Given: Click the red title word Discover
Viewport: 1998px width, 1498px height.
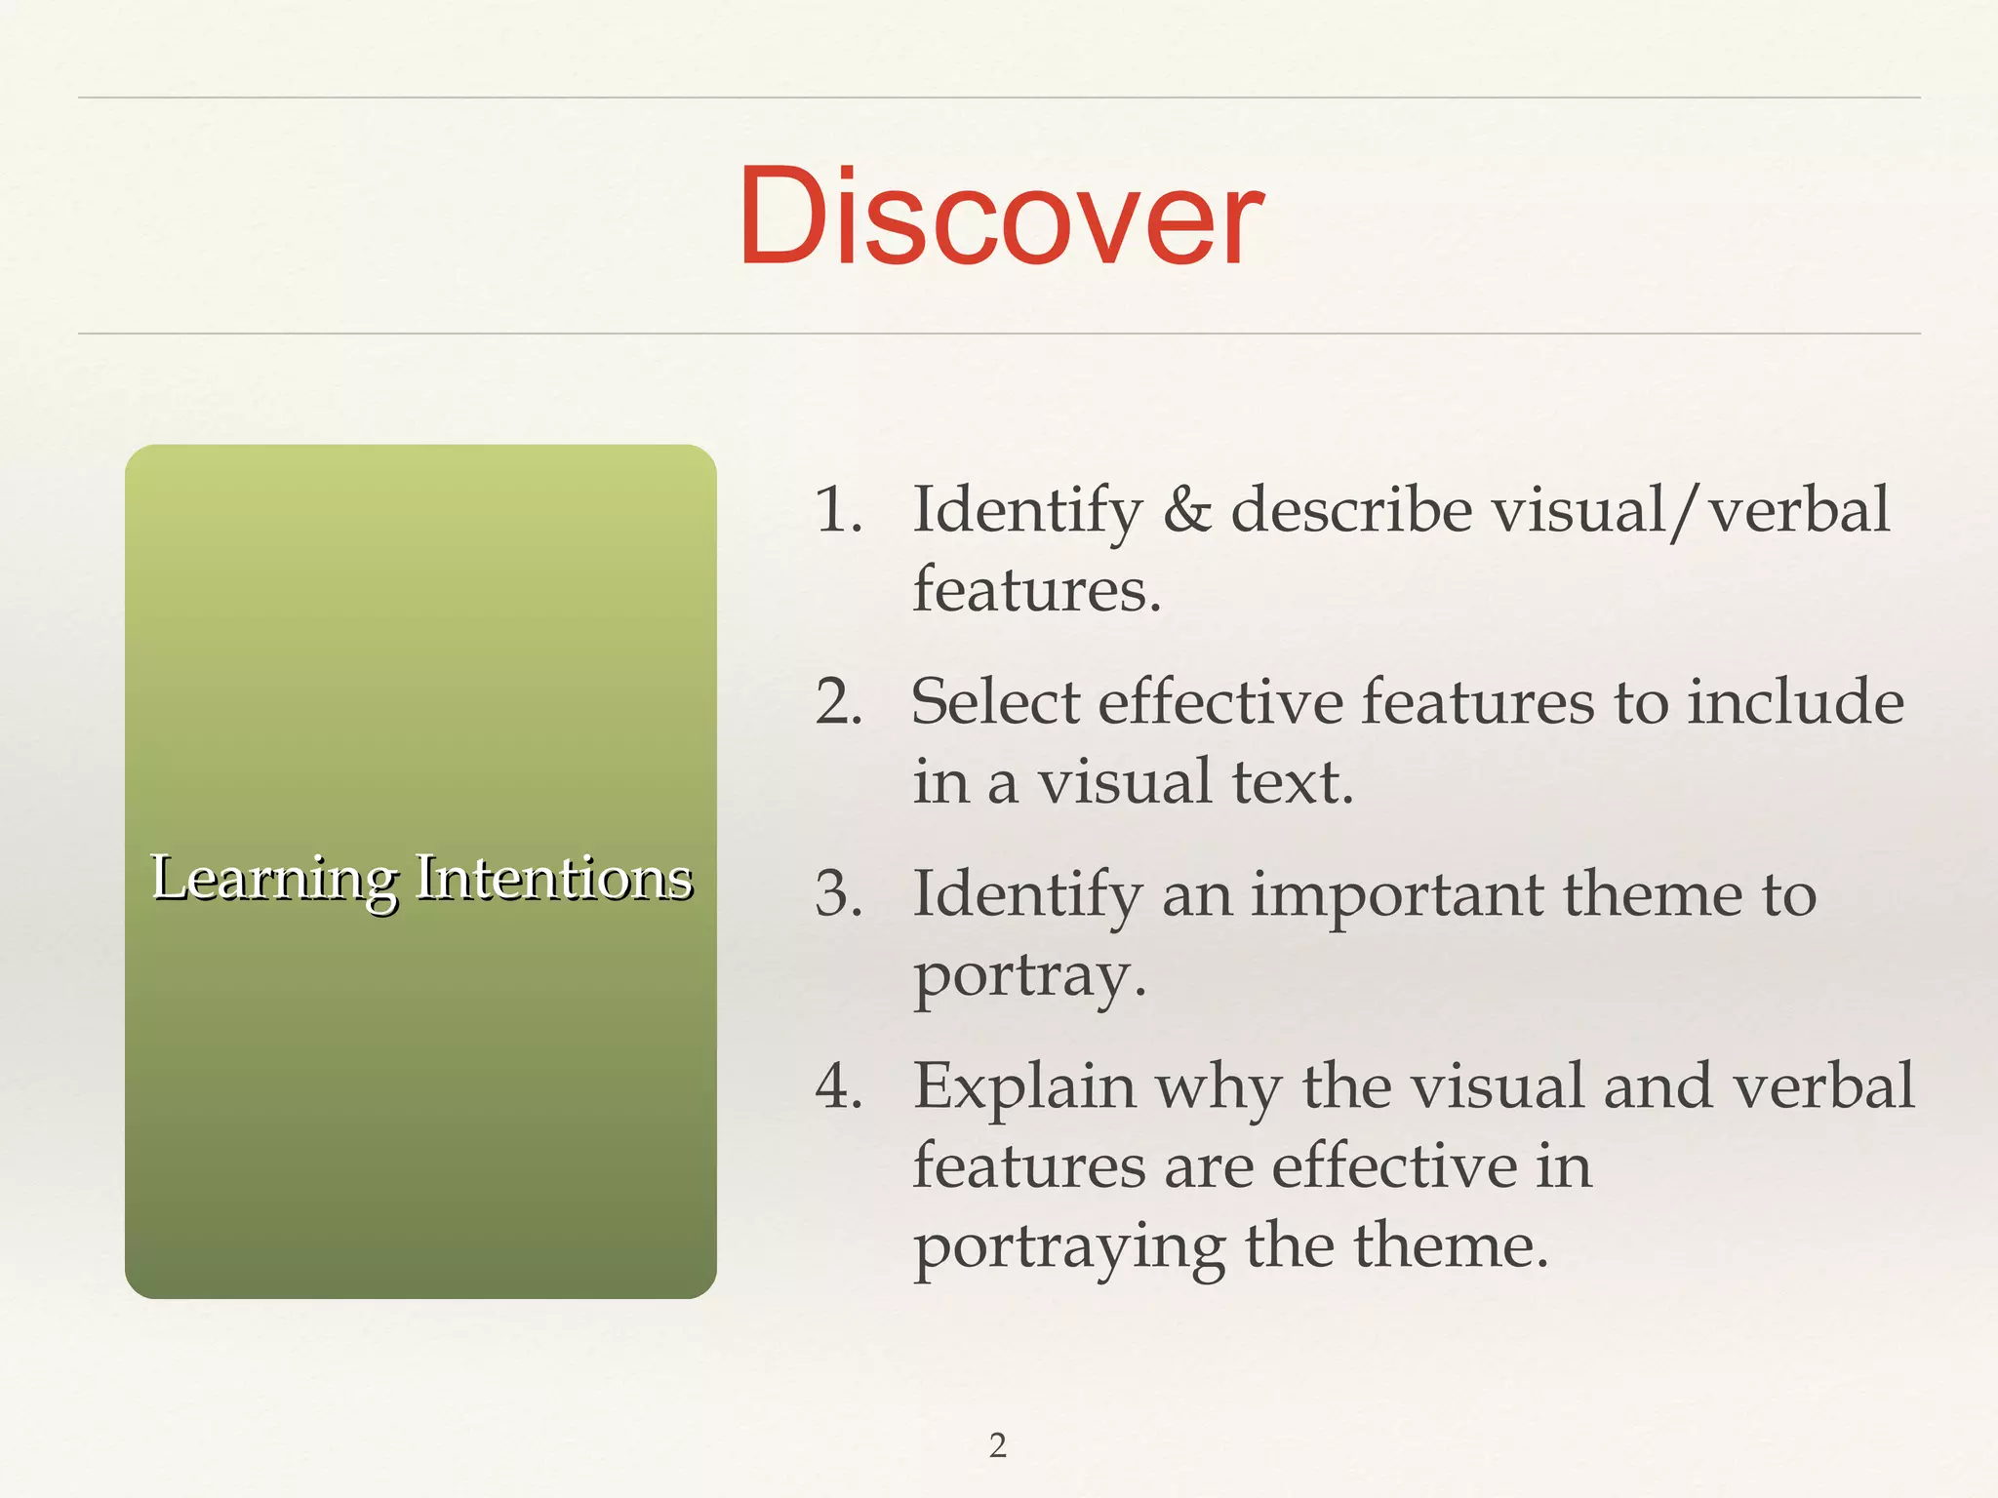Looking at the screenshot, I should coord(1000,217).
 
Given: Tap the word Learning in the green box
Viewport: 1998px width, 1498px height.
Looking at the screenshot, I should coord(274,878).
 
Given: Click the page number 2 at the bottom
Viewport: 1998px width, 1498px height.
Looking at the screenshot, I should coord(997,1444).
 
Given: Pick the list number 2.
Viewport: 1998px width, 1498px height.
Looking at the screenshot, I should coord(838,701).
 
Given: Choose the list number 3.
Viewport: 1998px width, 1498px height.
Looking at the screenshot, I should coord(838,893).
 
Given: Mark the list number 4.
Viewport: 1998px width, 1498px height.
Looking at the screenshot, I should coord(838,1085).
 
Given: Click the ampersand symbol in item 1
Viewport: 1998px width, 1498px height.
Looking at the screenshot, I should coord(1186,510).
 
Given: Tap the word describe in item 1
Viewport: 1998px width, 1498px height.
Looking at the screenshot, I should coord(1352,510).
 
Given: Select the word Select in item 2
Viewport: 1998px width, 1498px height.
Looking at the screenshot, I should coord(994,701).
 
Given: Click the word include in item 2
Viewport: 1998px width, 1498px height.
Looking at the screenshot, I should coord(1795,701).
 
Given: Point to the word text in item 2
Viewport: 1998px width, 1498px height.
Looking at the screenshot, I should coord(1292,782).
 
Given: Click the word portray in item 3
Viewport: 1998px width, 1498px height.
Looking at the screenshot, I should coord(1028,975).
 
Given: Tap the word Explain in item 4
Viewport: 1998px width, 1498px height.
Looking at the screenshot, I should coord(1024,1087).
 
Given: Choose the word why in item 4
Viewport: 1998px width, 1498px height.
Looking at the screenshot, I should coord(1219,1087).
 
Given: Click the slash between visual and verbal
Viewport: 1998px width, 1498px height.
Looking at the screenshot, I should coord(1687,512).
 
